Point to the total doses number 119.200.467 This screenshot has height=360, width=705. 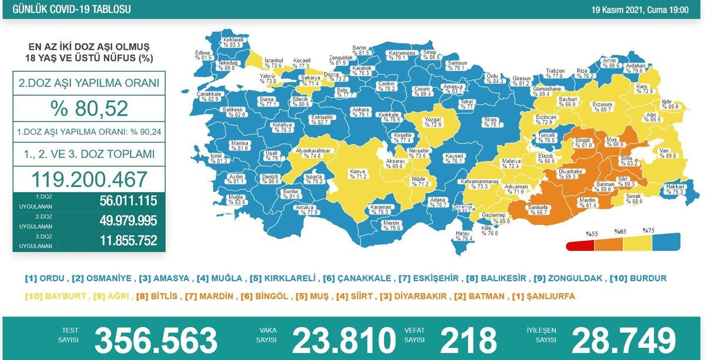click(89, 179)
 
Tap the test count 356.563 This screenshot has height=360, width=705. click(156, 340)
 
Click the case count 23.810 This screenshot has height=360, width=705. click(344, 340)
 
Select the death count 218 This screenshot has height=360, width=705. click(468, 340)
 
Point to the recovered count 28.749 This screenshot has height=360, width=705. click(623, 340)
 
